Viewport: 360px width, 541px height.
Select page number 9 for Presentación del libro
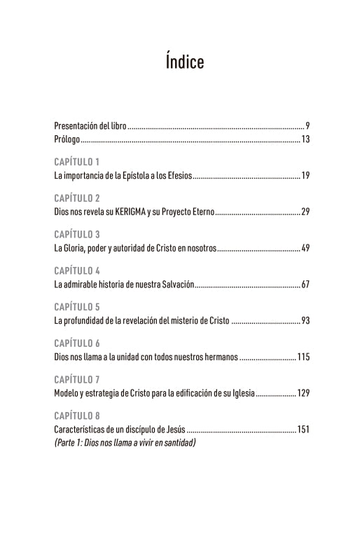(x=307, y=125)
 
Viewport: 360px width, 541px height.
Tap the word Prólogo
(x=67, y=139)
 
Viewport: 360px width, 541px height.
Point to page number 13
(x=305, y=139)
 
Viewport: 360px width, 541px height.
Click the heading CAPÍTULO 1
(x=77, y=161)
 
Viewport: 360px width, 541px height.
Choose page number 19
(x=305, y=175)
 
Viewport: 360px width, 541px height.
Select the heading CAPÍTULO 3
(x=77, y=233)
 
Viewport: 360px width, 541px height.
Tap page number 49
(x=305, y=248)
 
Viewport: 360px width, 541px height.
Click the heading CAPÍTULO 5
(x=77, y=306)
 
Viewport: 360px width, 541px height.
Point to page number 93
(x=305, y=321)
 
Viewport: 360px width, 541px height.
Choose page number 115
(x=303, y=357)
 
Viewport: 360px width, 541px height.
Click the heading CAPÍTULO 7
(x=77, y=379)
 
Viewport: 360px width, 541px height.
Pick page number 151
(x=303, y=430)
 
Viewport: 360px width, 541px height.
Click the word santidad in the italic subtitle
(x=177, y=443)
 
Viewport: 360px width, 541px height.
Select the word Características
(x=77, y=430)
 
